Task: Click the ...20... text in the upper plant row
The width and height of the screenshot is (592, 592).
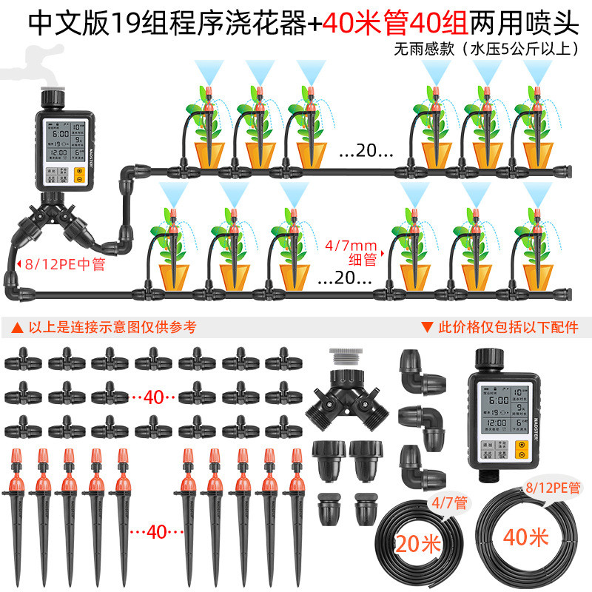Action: [x=366, y=152]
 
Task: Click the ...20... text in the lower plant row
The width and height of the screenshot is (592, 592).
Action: [x=344, y=279]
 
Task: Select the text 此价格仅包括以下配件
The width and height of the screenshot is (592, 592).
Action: [x=500, y=326]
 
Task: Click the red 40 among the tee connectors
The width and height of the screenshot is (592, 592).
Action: [x=153, y=397]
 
